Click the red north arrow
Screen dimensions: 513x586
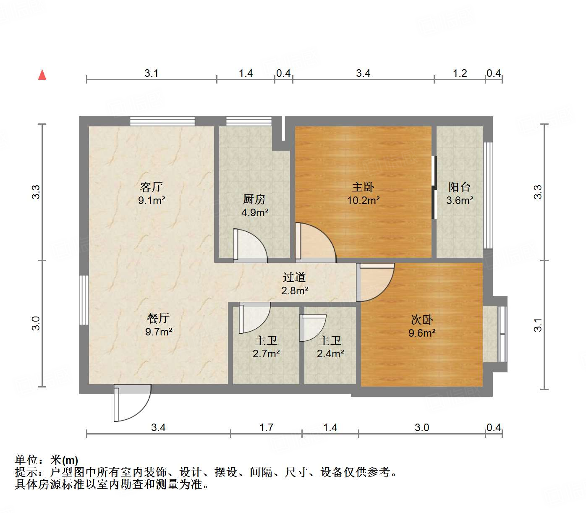42,75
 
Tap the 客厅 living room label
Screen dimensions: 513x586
151,187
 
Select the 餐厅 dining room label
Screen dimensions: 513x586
158,318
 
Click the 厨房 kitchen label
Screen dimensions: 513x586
254,199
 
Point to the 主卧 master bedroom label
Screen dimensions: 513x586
363,187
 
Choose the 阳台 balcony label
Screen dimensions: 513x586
459,187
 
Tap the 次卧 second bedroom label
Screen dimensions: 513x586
421,320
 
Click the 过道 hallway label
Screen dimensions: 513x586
294,277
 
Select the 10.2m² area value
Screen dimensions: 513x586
363,201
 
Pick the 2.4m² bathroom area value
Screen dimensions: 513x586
330,354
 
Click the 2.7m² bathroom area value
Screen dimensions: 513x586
266,354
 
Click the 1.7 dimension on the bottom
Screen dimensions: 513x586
266,428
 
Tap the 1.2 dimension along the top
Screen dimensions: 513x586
460,73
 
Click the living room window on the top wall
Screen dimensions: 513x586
162,121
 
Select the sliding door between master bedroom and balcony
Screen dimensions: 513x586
434,187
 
